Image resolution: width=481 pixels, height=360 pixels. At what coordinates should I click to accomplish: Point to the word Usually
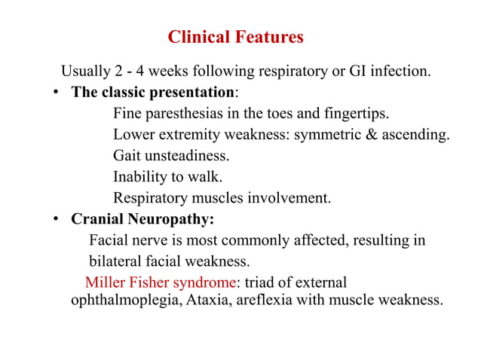point(84,73)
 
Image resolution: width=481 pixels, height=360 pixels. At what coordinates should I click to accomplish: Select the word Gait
point(127,157)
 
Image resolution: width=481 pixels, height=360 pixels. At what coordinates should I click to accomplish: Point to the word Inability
point(139,178)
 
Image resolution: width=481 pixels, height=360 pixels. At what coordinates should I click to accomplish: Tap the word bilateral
point(115,262)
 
